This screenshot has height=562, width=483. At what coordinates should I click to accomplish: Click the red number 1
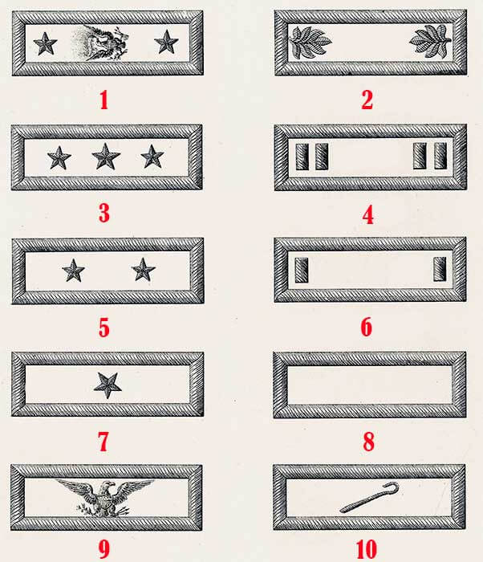point(104,100)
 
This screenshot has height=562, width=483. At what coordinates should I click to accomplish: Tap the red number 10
point(367,548)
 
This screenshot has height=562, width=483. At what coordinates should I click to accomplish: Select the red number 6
point(366,327)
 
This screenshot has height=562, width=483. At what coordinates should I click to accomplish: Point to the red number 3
point(104,214)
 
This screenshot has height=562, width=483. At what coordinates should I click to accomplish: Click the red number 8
point(369,442)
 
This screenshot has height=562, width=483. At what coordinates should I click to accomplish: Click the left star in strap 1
point(45,43)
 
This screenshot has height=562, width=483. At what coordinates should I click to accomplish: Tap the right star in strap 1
point(166,42)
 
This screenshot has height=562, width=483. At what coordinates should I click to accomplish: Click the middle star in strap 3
point(106,157)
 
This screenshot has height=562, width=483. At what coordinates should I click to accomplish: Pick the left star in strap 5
point(74,271)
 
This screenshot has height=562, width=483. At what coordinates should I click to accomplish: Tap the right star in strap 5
point(144,270)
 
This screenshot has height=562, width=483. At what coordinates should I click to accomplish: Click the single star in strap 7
point(108,385)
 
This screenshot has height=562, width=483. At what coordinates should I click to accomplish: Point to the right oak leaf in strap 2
point(430,41)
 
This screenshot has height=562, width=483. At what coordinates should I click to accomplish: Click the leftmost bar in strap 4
point(302,157)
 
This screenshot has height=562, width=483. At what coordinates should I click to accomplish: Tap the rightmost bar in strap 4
point(440,156)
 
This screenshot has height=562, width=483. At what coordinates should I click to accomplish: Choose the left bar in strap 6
point(302,270)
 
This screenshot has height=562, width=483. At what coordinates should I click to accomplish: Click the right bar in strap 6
point(440,269)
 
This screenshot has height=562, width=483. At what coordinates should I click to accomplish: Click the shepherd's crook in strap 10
point(369,498)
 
